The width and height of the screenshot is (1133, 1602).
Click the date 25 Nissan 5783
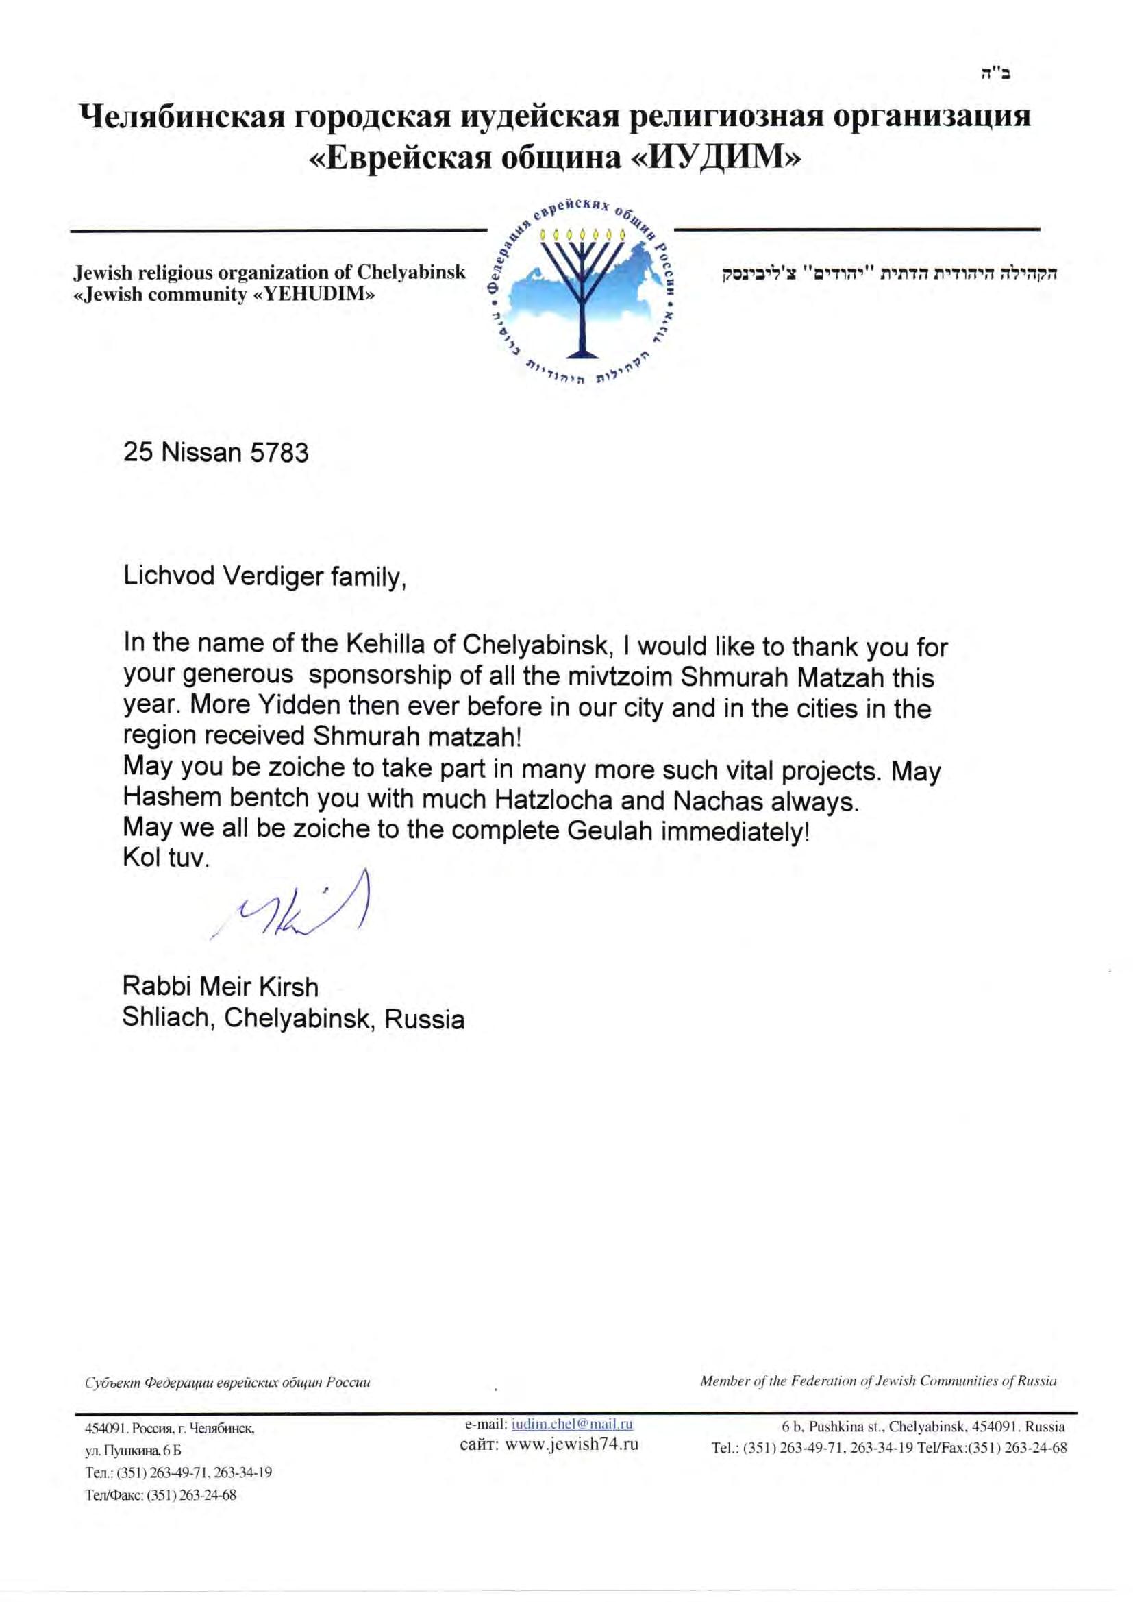[x=216, y=454]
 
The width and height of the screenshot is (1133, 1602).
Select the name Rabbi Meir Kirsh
[x=221, y=987]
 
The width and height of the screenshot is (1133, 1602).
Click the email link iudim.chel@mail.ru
[x=571, y=1424]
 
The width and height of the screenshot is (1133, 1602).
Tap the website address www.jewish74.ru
[x=571, y=1444]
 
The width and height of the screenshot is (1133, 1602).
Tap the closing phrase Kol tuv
[x=166, y=857]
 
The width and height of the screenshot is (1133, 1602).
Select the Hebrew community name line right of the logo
[x=891, y=273]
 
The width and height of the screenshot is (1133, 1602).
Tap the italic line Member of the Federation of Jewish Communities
[x=877, y=1381]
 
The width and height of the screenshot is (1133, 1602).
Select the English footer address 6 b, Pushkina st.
[x=923, y=1426]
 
